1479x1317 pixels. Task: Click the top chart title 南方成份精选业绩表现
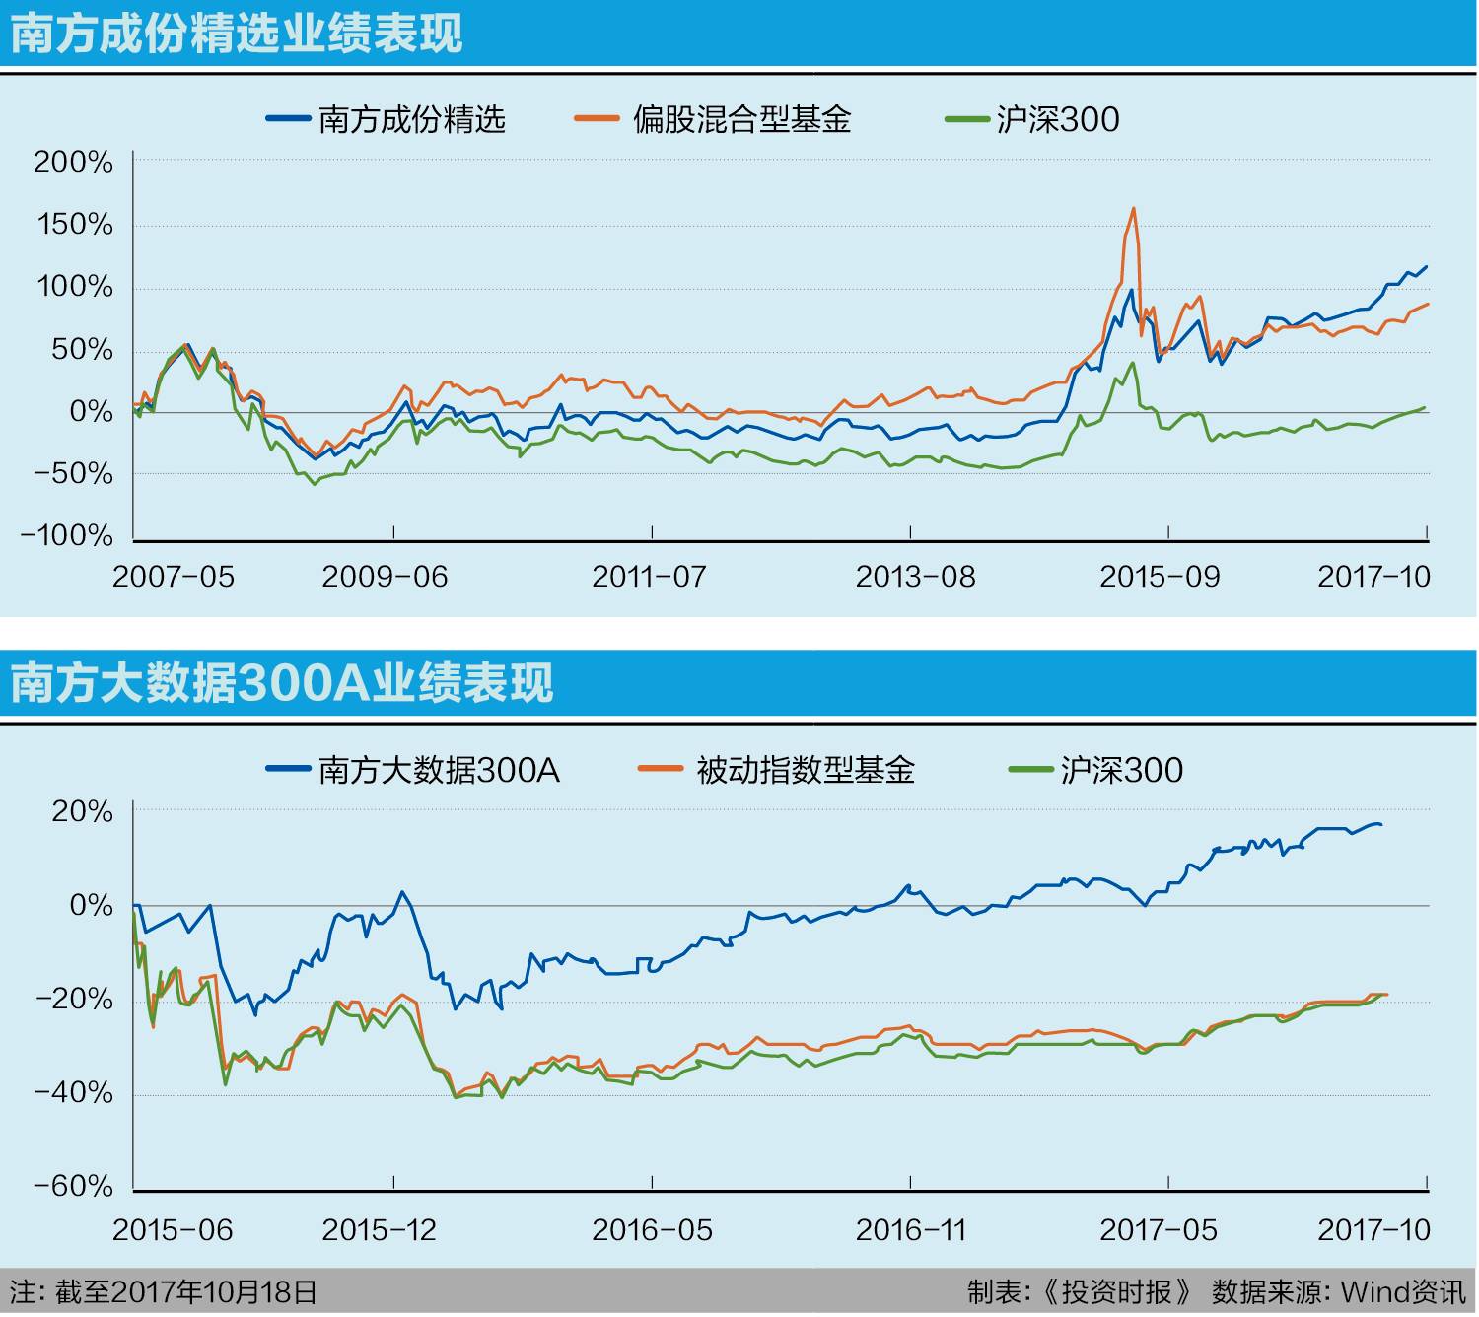point(237,34)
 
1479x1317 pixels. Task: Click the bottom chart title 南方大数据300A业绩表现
point(282,682)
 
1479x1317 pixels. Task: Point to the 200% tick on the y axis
point(74,162)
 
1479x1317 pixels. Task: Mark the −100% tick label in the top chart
point(67,535)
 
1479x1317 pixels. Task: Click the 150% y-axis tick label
point(76,225)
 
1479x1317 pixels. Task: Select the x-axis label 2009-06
point(385,577)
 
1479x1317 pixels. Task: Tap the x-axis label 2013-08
point(915,577)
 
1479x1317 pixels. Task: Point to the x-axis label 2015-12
point(379,1230)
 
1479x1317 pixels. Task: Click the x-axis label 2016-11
point(911,1230)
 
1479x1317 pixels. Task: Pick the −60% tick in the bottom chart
point(74,1186)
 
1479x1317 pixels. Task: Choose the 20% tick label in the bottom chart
point(83,811)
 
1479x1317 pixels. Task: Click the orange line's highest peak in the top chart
point(1134,208)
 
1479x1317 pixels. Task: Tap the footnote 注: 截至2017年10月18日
point(164,1292)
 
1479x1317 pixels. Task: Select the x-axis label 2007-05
point(174,577)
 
